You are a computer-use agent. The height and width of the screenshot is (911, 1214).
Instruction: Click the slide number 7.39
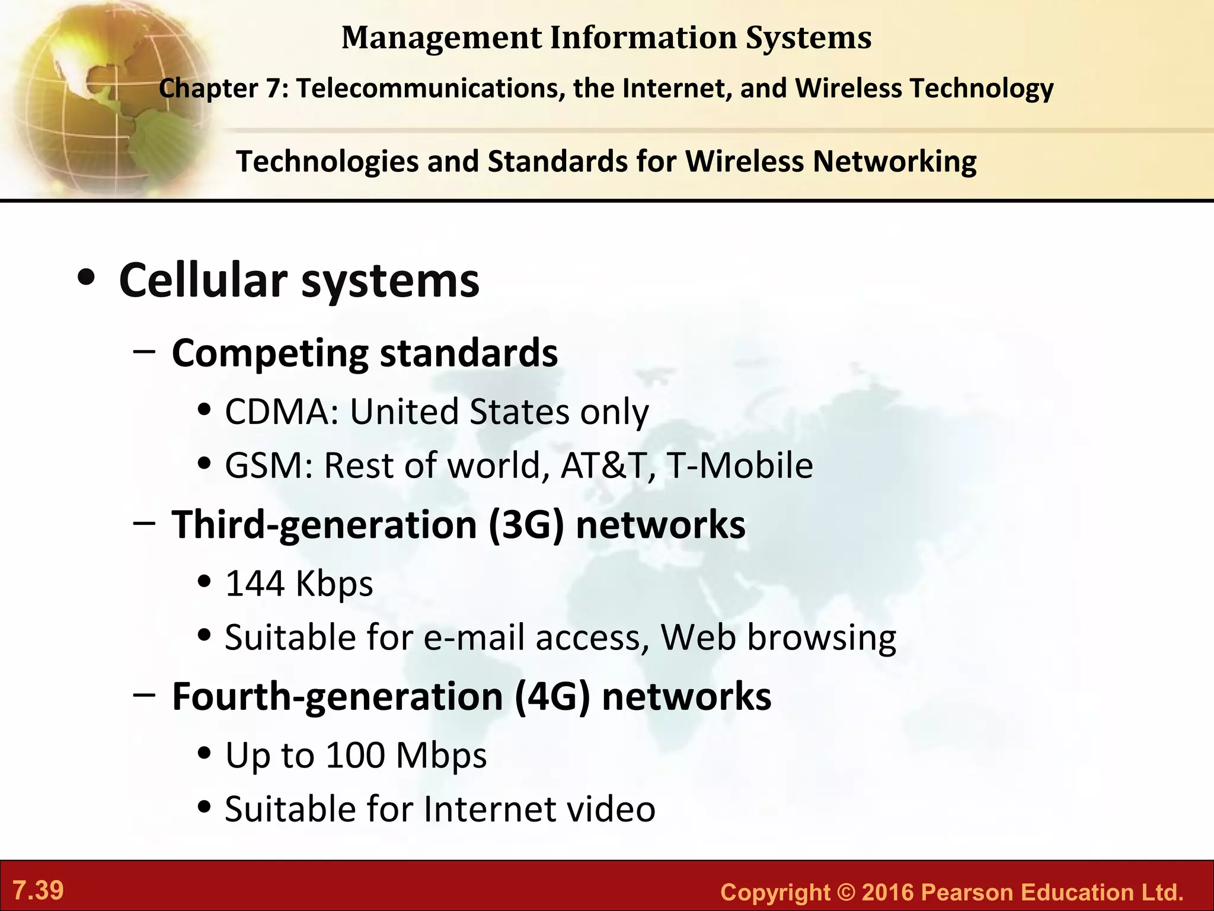point(38,890)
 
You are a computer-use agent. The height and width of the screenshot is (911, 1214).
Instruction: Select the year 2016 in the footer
point(887,893)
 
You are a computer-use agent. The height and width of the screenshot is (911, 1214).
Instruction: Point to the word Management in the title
point(442,38)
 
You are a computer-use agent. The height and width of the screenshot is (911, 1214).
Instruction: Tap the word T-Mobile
point(739,465)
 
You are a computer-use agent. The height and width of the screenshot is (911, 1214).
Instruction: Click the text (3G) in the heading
point(526,524)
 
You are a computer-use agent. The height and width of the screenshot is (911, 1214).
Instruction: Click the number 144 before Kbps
point(255,583)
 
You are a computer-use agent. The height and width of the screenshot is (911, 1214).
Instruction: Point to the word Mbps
point(441,755)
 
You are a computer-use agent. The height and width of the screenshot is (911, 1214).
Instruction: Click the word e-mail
point(474,637)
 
